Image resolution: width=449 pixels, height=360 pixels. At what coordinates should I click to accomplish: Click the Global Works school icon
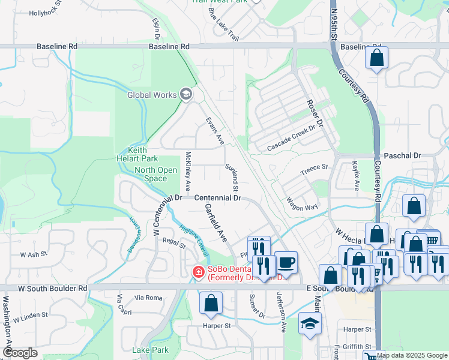coord(186,94)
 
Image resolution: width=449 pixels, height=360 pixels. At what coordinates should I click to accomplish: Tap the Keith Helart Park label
coord(137,154)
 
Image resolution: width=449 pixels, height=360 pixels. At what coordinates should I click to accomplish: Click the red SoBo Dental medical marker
coord(197,273)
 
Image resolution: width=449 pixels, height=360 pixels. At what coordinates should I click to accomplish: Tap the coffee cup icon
coord(286,262)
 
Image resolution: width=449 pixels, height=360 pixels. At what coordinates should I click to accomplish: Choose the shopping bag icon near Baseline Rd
coord(376,58)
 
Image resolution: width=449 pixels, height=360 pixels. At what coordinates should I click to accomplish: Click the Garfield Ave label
coord(215,222)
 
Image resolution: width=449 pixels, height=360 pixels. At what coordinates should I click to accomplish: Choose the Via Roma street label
coord(148,298)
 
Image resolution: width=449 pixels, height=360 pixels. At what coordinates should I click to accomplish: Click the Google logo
coord(20,353)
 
